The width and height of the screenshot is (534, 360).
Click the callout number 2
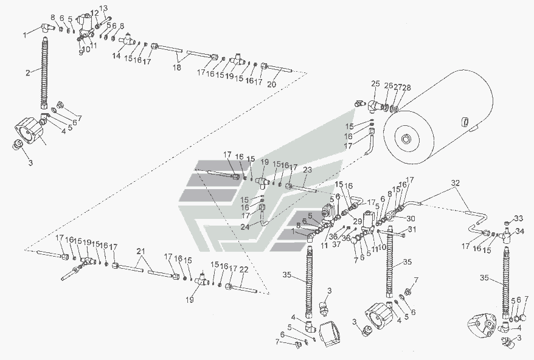tap(28, 73)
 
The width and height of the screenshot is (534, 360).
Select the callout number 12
tap(94, 13)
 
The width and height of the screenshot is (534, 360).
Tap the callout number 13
tap(103, 9)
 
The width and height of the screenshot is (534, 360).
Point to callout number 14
tap(116, 55)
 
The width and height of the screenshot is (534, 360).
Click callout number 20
tap(272, 85)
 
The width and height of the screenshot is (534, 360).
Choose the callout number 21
tap(141, 251)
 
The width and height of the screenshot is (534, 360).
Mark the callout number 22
tap(243, 269)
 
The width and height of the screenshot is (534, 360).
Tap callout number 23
tap(307, 170)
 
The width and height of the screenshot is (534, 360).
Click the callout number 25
tap(375, 83)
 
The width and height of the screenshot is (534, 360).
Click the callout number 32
tap(456, 182)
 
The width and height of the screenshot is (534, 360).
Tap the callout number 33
tap(518, 218)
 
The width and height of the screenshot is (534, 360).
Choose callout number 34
tap(519, 231)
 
